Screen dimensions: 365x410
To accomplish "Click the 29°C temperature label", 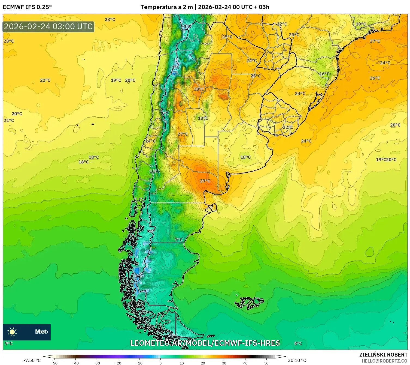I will pos(205,181).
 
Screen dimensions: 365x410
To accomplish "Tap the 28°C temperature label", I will pos(199,89).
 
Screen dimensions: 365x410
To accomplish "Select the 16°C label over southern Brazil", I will pos(324,74).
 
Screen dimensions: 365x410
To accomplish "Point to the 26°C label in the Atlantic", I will pos(375,78).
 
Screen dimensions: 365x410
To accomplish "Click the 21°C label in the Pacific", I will pos(9,120).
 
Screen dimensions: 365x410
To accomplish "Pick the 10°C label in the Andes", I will pos(154,171).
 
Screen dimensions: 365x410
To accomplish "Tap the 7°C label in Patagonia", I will pos(179,240).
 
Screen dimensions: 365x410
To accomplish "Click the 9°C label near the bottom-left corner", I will pos(9,343).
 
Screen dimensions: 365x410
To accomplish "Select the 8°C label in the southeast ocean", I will pos(298,343).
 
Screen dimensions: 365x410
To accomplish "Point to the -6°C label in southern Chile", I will pos(138,276).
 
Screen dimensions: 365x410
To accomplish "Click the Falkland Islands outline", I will pos(249,302).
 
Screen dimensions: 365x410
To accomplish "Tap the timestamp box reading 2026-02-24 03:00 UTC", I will pos(48,27).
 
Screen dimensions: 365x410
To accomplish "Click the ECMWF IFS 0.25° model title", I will pos(27,7).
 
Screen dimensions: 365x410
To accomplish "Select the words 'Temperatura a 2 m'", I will pos(166,7).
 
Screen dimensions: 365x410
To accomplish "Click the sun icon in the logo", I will pos(12,332).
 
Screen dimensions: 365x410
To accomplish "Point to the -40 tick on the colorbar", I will pos(75,363).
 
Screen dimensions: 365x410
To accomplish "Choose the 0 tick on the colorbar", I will pos(160,363).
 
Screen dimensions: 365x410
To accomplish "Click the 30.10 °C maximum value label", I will pos(297,360).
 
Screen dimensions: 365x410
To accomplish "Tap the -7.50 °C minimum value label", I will pos(32,360).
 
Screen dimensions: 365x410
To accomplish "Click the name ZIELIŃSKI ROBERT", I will pos(383,355).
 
